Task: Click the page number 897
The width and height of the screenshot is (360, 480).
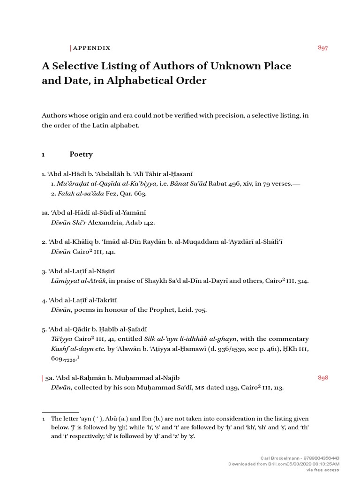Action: [x=322, y=48]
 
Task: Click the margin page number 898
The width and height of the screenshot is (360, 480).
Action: [x=322, y=378]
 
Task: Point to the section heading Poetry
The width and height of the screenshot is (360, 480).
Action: [x=81, y=154]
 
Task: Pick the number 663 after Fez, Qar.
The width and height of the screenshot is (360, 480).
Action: [x=140, y=193]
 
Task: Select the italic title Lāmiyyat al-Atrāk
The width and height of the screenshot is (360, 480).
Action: [x=79, y=280]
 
